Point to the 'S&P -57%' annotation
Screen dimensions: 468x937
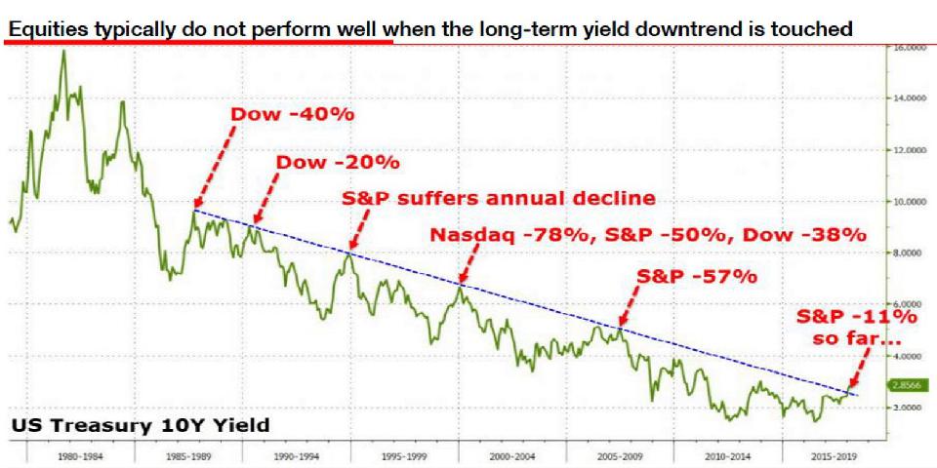(697, 276)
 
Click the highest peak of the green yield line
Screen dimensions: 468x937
(64, 51)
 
